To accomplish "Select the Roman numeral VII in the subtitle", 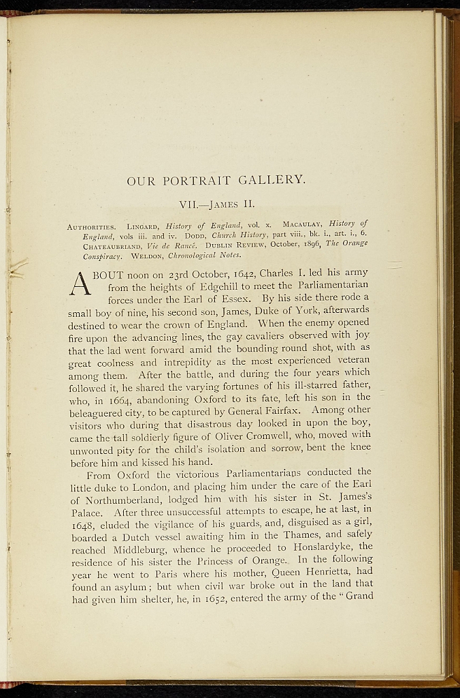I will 189,204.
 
